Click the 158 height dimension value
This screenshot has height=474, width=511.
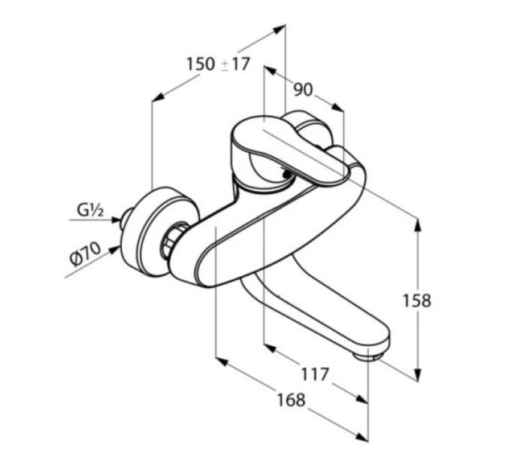(x=417, y=300)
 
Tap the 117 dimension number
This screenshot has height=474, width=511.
(x=315, y=374)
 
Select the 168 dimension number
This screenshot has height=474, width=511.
(x=292, y=400)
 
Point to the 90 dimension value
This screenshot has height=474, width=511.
(x=303, y=90)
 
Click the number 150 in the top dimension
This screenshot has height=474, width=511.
(x=201, y=64)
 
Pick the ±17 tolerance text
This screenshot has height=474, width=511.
(x=235, y=64)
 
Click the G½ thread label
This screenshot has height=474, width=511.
(x=90, y=210)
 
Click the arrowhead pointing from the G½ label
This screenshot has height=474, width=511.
(x=116, y=220)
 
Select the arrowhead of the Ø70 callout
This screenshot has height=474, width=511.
(x=113, y=251)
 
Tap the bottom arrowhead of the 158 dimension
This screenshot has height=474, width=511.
(x=418, y=374)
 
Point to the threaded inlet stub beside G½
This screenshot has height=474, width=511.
(x=125, y=218)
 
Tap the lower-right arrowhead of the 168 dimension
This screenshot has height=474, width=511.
(x=362, y=437)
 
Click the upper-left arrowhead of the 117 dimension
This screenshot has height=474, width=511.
(x=271, y=348)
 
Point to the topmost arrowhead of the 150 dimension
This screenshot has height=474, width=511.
(x=280, y=29)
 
